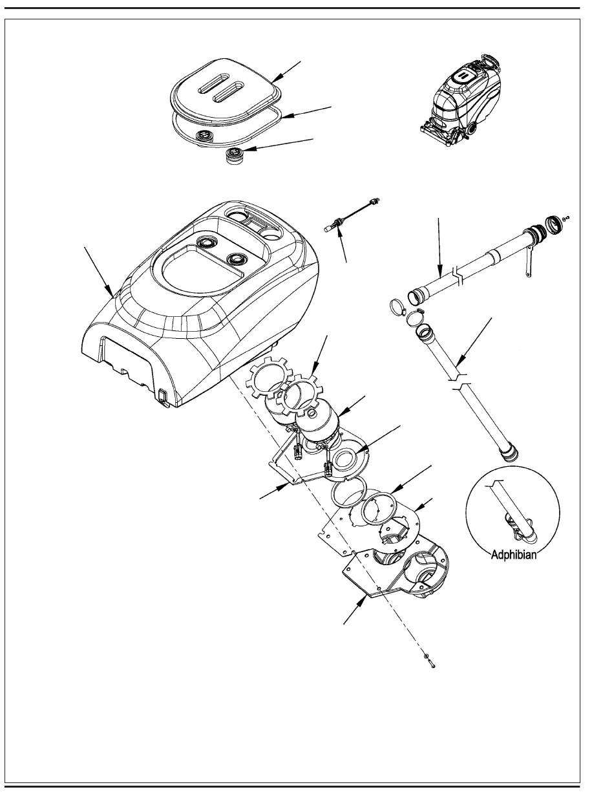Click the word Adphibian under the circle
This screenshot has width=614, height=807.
(511, 555)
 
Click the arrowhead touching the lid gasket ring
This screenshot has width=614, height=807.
(285, 116)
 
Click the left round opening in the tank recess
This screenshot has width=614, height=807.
(209, 242)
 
